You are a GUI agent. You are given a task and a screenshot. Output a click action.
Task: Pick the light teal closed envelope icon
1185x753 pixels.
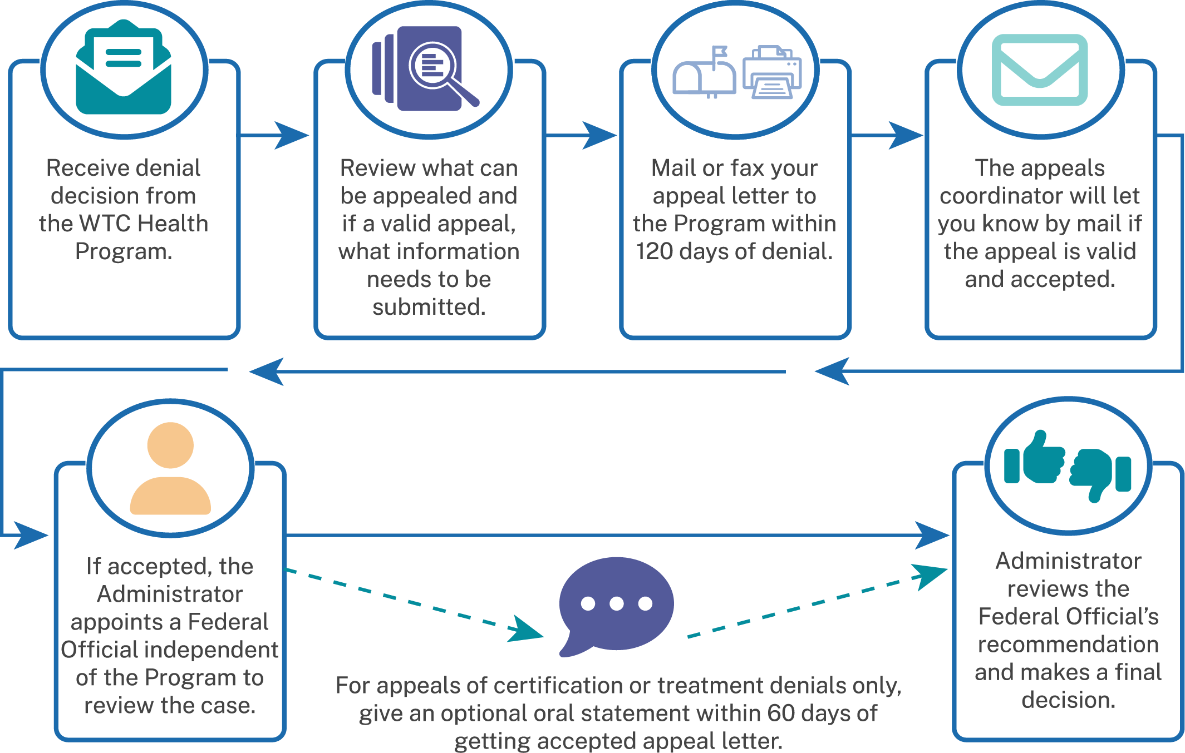(1040, 70)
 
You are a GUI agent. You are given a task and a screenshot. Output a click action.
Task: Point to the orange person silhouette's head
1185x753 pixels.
(170, 445)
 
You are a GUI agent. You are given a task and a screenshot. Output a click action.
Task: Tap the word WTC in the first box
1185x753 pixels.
(105, 224)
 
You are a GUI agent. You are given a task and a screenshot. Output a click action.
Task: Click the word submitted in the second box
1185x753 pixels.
(429, 307)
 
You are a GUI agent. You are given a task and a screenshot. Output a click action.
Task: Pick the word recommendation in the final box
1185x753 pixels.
(1068, 645)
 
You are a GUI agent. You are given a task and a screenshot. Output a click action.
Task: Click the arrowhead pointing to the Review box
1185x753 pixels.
(293, 135)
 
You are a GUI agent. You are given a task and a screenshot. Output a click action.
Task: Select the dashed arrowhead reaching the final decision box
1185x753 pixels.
(931, 575)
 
